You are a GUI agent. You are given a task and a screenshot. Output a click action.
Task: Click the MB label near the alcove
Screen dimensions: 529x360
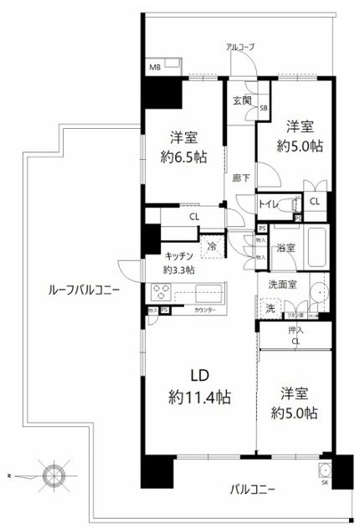[154, 64]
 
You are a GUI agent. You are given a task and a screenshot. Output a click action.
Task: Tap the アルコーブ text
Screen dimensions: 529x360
[240, 47]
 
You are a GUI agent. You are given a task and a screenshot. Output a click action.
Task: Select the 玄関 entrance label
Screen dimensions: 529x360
[242, 100]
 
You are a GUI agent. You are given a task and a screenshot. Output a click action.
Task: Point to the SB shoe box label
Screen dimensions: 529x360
[263, 108]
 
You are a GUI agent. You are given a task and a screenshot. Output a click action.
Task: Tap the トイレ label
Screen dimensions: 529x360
[268, 203]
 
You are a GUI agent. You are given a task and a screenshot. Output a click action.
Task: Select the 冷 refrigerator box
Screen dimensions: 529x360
[212, 246]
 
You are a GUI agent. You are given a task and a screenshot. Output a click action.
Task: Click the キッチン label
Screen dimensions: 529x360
[180, 256]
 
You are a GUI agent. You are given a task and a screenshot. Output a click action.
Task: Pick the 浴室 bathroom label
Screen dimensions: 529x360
[285, 248]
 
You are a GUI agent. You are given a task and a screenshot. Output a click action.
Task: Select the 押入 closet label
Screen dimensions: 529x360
[296, 331]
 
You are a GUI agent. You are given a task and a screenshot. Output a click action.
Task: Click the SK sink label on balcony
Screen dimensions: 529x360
[325, 482]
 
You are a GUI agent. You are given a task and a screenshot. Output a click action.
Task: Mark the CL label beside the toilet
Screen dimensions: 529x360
[315, 203]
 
